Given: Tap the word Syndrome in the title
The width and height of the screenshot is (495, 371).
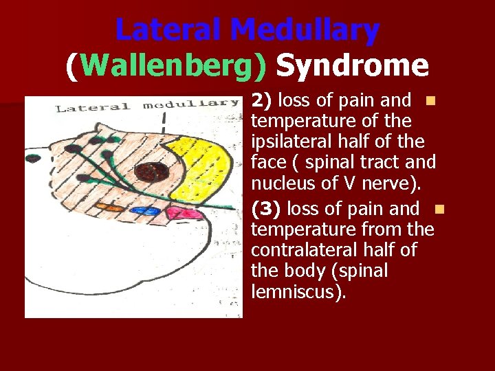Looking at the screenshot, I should coord(352,66).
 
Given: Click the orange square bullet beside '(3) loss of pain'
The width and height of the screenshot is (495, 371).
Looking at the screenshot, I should coord(440,208).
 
